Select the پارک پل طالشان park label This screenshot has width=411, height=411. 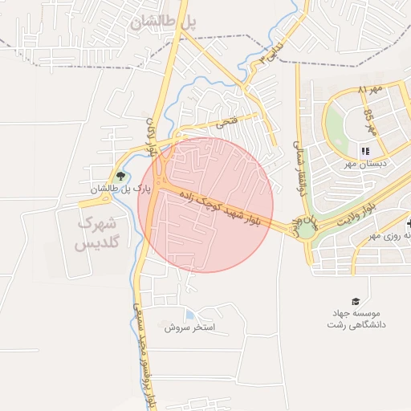120,189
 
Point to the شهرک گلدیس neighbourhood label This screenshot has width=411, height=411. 99,232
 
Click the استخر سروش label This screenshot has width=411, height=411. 190,328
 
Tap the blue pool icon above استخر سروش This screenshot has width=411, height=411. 189,315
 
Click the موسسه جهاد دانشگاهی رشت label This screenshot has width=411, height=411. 356,319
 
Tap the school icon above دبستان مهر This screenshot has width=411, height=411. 364,150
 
